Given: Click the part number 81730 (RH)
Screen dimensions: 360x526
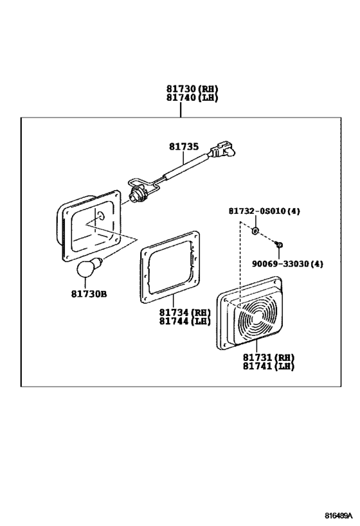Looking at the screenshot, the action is tap(192, 89).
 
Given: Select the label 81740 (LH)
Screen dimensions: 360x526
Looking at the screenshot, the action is tap(192, 98).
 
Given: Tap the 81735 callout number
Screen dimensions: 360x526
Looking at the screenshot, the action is tap(184, 146).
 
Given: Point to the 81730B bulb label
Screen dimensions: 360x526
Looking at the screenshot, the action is tap(89, 294).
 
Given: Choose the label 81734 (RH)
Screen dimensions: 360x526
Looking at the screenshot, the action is tap(184, 312).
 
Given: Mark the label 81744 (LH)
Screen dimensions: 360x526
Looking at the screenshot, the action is tap(184, 321).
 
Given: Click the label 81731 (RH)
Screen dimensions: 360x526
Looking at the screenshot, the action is tap(269, 357).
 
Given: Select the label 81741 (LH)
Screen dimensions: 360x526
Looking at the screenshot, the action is tap(269, 366).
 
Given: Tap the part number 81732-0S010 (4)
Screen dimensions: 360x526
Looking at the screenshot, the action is tap(264, 211).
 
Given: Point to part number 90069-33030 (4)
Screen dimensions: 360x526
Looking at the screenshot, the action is tap(287, 264).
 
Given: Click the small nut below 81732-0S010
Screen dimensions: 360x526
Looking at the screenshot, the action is tap(255, 231).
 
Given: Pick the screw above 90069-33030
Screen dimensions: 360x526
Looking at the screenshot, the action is tap(278, 243).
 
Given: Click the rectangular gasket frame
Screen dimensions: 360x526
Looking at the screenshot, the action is tap(170, 267).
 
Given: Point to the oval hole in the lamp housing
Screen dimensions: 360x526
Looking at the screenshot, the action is tap(101, 215).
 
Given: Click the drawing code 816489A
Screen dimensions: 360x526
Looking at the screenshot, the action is tap(339, 515).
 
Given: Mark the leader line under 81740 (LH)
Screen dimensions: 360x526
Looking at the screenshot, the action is tap(181, 110).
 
